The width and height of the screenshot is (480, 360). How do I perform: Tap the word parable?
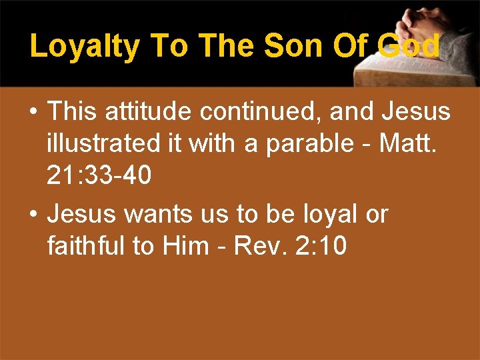click(314, 143)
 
